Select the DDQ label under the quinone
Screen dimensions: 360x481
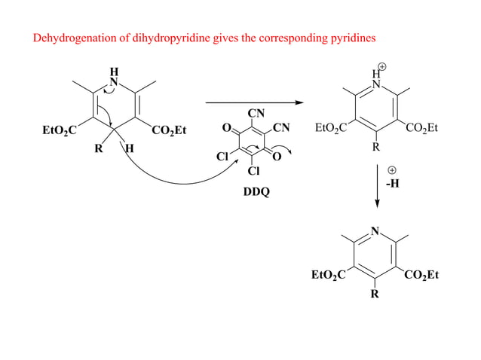point(255,192)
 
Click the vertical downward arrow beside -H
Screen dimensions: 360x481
point(377,186)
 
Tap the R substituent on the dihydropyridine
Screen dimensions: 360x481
point(98,148)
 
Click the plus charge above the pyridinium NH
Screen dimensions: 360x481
point(383,67)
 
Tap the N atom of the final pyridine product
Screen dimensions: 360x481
point(375,230)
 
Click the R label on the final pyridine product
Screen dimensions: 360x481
point(375,294)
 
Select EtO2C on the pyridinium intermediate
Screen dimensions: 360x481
point(330,129)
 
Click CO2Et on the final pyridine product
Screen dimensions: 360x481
point(421,276)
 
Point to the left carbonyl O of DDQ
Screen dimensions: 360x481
point(227,128)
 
